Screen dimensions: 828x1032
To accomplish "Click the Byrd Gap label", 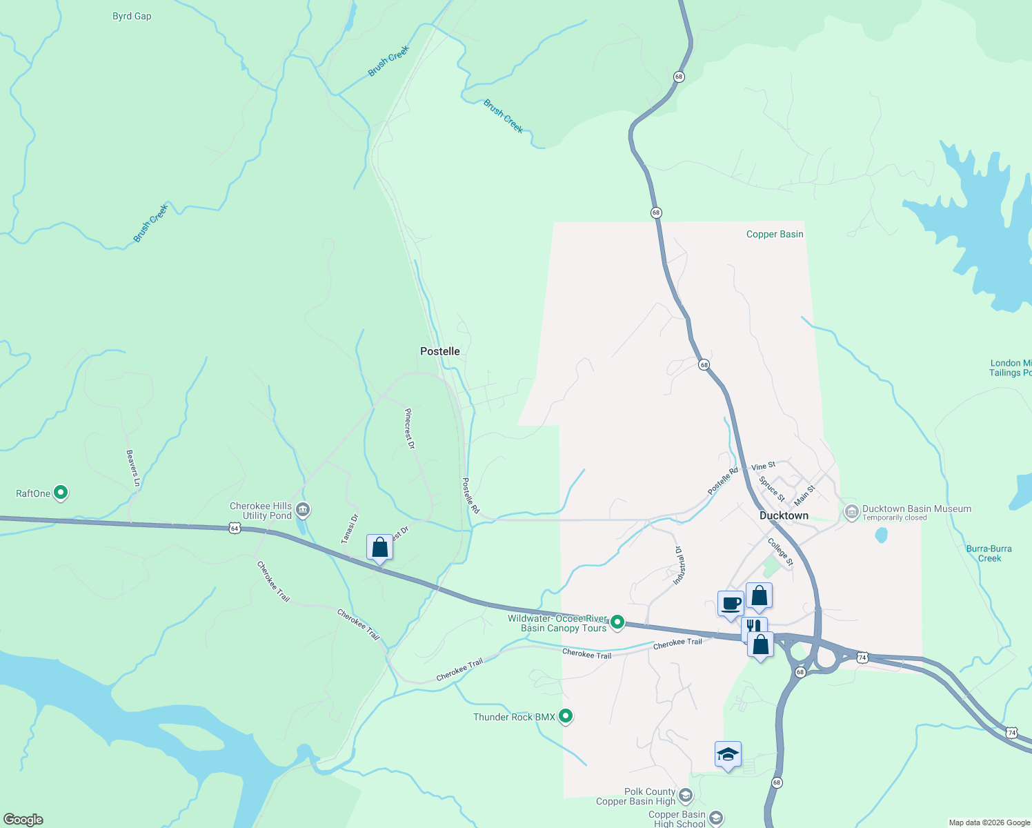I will (132, 16).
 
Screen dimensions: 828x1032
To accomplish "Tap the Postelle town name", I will (440, 351).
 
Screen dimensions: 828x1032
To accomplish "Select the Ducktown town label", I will (784, 515).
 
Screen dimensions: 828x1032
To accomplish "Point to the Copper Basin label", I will (775, 234).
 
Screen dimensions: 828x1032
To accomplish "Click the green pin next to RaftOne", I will (61, 493).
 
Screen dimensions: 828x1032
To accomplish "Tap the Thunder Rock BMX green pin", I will (566, 716).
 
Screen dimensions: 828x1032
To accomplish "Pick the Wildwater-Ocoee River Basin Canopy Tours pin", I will (617, 622).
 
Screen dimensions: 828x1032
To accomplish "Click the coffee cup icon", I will (731, 604).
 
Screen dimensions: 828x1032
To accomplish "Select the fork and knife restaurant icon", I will (753, 627).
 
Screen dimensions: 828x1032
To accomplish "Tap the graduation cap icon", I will (728, 754).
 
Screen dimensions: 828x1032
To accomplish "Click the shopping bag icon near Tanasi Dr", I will (379, 547).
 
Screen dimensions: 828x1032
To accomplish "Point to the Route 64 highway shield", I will (235, 529).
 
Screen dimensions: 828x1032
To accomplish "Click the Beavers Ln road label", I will (133, 468).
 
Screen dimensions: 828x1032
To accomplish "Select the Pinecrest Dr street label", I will (410, 428).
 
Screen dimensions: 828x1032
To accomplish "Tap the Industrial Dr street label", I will (678, 566).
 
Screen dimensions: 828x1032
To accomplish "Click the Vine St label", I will (764, 466).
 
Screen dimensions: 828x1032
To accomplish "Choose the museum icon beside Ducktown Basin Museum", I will (851, 511).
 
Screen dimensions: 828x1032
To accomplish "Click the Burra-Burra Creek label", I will (989, 553).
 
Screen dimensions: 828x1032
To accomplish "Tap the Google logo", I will (23, 820).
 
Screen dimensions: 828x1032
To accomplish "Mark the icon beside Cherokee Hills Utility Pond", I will (303, 511).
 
